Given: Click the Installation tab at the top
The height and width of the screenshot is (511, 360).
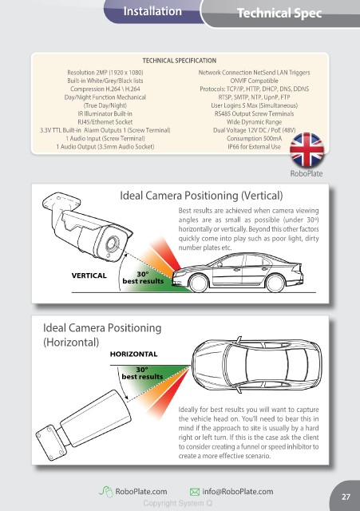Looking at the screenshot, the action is tap(152, 11).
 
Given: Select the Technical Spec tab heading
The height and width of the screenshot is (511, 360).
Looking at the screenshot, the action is tap(279, 13).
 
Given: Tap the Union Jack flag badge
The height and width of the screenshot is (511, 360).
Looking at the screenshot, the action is tap(307, 149).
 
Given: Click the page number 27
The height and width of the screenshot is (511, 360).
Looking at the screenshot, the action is tap(346, 497).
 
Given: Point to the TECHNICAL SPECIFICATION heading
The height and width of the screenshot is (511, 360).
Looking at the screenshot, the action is tap(179, 61).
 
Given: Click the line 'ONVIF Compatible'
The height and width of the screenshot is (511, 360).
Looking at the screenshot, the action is tap(254, 81).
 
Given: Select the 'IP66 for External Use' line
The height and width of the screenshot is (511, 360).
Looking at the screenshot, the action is tap(254, 147).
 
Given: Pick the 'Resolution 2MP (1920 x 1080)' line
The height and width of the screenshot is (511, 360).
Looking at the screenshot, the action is tap(105, 73).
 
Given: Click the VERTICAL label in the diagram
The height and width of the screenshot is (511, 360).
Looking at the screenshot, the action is tap(89, 275).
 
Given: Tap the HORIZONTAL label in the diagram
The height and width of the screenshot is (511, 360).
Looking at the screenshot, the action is tap(133, 354).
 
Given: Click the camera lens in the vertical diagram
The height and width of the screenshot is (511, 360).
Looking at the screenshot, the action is tap(112, 244).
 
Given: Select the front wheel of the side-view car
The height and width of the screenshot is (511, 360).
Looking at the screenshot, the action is tap(199, 283).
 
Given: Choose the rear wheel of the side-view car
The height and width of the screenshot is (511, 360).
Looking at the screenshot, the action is tap(275, 282).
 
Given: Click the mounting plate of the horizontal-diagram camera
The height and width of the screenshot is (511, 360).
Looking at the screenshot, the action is tap(51, 443).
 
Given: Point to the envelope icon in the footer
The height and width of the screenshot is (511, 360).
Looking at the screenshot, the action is tap(195, 492).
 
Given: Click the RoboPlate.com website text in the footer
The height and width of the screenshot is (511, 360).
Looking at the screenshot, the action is tap(141, 492).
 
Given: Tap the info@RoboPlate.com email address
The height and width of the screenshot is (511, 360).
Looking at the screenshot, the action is tap(238, 492).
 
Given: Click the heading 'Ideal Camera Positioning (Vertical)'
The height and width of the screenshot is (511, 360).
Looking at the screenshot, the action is tap(201, 196).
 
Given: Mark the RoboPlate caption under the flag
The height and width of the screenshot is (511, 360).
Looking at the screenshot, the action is tap(307, 173).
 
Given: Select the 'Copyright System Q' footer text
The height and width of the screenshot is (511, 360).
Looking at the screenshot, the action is tap(178, 503).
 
